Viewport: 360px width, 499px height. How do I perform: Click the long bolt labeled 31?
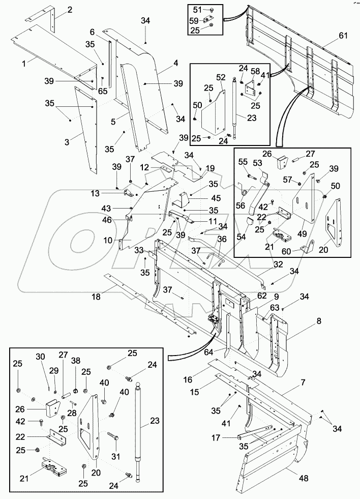(113, 435)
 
